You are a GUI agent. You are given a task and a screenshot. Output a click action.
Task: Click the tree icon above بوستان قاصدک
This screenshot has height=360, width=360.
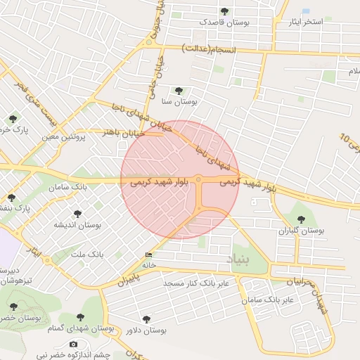[x=224, y=11]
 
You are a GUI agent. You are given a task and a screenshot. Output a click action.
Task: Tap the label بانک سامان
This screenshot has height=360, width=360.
[x=69, y=188]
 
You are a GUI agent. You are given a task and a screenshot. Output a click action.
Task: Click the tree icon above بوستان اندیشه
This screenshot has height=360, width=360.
[x=77, y=214]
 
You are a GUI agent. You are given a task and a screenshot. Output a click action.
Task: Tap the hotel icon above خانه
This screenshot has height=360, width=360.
[x=148, y=255]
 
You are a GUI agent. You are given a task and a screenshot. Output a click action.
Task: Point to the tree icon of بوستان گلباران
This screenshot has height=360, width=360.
[x=302, y=219]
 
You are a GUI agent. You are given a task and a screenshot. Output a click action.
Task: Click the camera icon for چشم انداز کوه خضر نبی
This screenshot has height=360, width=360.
[x=73, y=344]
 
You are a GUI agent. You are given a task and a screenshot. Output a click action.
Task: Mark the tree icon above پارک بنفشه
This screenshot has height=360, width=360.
[x=11, y=198]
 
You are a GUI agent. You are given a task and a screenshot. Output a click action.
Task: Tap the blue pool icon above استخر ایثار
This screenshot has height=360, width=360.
[x=306, y=11]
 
